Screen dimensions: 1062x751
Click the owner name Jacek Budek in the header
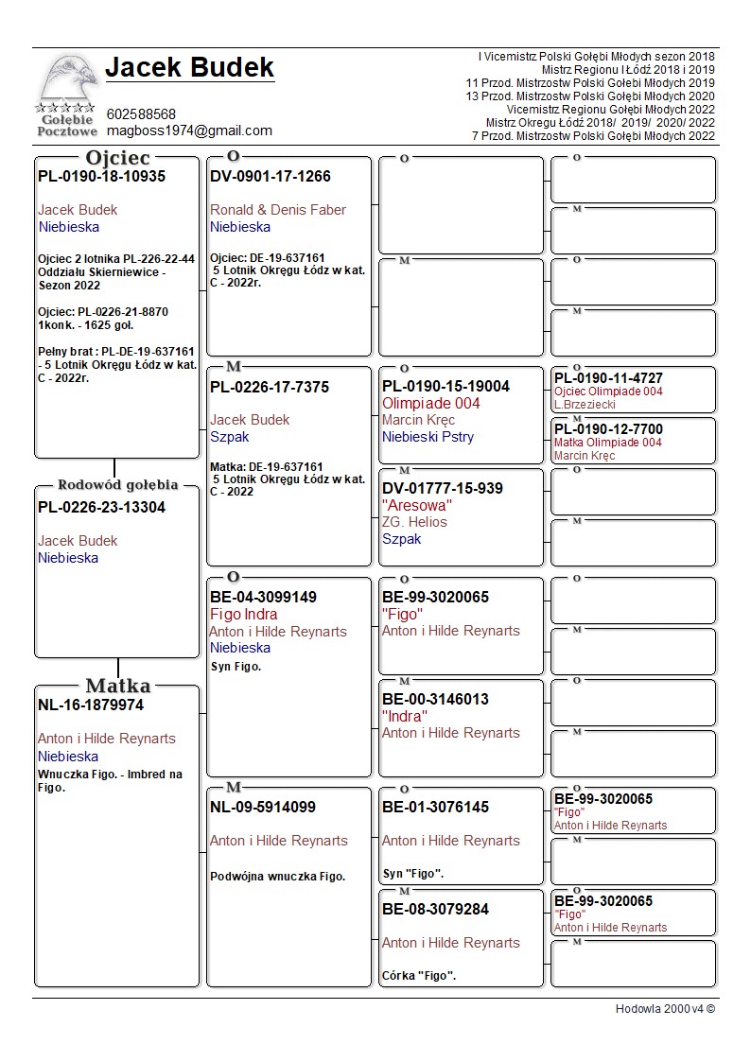[x=189, y=68]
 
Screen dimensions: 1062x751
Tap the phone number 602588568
[x=141, y=114]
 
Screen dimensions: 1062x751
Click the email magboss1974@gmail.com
[x=189, y=131]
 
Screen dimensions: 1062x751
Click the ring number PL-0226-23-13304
[x=101, y=508]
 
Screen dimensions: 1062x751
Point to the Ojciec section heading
[x=118, y=158]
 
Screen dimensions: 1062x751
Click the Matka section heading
[x=118, y=686]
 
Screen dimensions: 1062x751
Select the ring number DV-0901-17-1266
[x=271, y=177]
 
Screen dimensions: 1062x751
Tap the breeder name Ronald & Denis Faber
[x=278, y=210]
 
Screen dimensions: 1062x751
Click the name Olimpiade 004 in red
[x=430, y=404]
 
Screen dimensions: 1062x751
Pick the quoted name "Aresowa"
[x=417, y=506]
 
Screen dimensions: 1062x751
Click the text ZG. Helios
[x=414, y=522]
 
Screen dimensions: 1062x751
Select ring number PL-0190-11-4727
[x=608, y=379]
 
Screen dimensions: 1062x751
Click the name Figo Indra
[x=244, y=615]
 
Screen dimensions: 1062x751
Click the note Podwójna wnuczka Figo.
[x=277, y=877]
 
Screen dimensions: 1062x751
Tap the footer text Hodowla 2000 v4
[x=665, y=1009]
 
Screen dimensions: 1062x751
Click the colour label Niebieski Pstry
[x=428, y=437]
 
